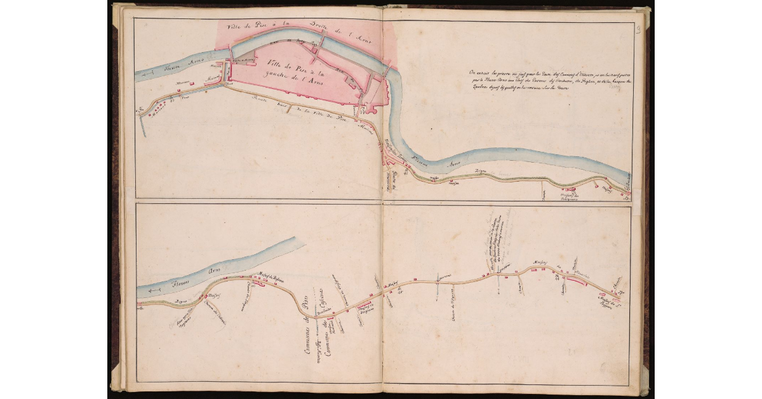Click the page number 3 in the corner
[x=637, y=29]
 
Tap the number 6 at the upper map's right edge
[x=627, y=198]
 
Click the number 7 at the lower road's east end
[x=621, y=292]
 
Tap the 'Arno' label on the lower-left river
[x=217, y=271]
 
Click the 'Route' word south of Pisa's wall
[x=260, y=100]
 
